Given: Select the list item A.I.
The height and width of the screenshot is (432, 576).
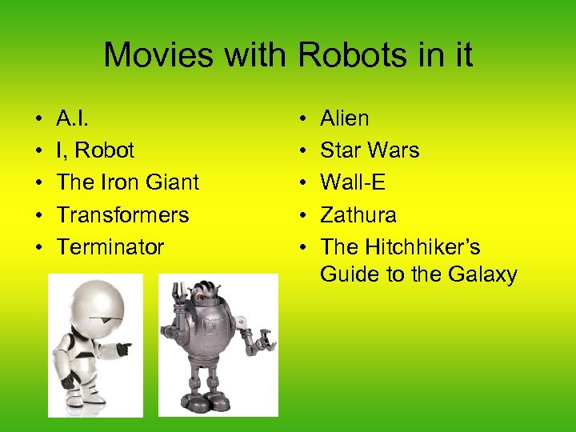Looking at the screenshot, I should click(73, 118).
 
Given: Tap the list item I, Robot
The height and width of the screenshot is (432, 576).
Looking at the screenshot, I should click(95, 150).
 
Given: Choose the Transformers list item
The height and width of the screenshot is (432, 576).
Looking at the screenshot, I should click(122, 214).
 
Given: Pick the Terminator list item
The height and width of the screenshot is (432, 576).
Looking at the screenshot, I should click(110, 246).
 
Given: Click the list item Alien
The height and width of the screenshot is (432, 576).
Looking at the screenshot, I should click(345, 118).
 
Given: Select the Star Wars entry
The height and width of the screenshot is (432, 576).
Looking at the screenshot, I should click(370, 150).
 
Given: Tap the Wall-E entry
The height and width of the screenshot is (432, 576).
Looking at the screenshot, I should click(353, 182).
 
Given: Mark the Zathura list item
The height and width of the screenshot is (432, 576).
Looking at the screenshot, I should click(358, 214).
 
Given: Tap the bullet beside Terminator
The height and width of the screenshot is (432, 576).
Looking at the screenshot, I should click(38, 247).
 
